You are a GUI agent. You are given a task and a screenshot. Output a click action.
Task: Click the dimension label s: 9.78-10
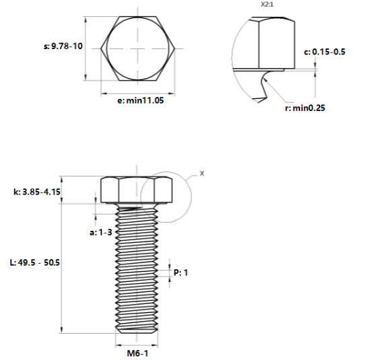tap(62, 46)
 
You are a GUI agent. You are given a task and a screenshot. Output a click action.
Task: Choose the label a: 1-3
tap(100, 231)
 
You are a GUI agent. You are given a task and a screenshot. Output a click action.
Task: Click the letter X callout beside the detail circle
tap(202, 173)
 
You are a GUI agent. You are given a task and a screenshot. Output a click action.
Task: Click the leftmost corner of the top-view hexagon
tap(101, 48)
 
